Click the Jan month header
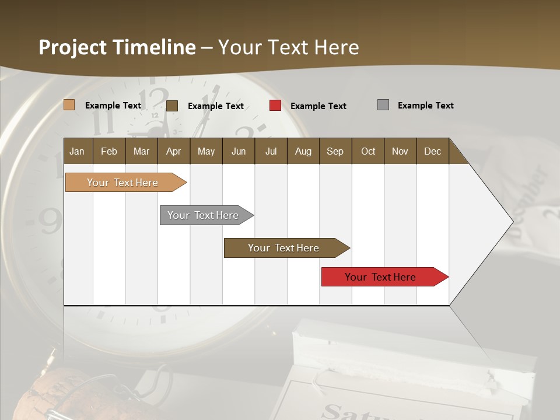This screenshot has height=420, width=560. click(x=77, y=151)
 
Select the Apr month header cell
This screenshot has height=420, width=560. click(x=173, y=151)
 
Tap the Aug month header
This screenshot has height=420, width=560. click(x=303, y=151)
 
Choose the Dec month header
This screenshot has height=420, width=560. click(x=432, y=151)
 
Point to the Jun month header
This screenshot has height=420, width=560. click(x=238, y=151)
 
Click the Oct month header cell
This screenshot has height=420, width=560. click(x=367, y=151)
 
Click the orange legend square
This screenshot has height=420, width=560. click(x=69, y=105)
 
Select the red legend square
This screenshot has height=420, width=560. click(x=275, y=106)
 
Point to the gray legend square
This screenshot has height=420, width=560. click(x=383, y=105)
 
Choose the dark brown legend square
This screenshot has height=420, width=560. click(x=171, y=106)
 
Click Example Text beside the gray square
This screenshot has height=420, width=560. click(x=425, y=106)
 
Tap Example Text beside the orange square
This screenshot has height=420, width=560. click(x=113, y=106)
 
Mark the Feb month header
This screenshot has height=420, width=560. click(x=109, y=151)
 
